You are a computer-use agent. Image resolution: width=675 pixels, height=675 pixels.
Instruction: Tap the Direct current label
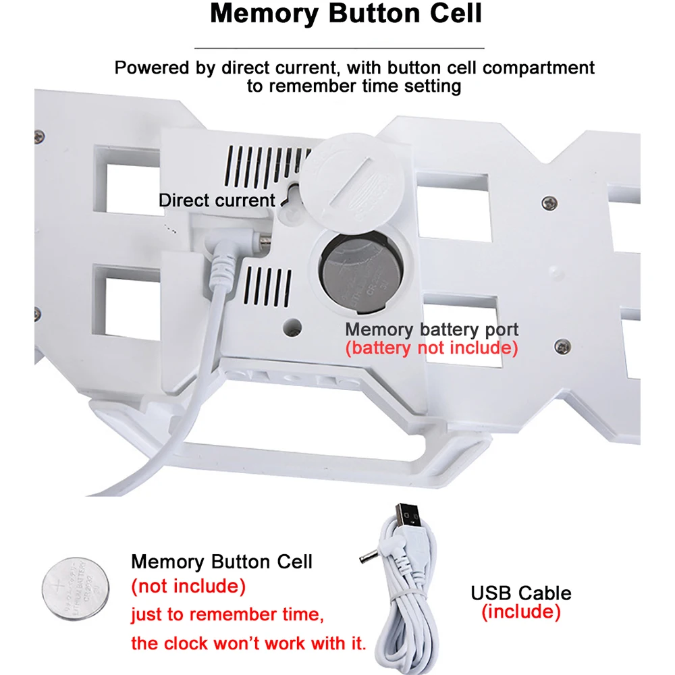point(217,200)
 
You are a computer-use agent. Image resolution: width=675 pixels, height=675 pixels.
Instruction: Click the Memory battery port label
point(432,329)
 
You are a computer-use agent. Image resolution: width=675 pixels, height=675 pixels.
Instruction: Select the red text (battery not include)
point(432,348)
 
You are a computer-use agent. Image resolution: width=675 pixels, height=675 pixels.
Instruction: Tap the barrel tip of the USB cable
point(364,559)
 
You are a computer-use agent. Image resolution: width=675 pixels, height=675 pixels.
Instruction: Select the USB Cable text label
point(520,593)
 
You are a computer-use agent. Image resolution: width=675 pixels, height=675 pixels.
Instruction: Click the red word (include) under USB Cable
point(520,612)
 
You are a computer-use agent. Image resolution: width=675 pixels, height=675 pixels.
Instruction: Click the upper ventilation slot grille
point(267,165)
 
